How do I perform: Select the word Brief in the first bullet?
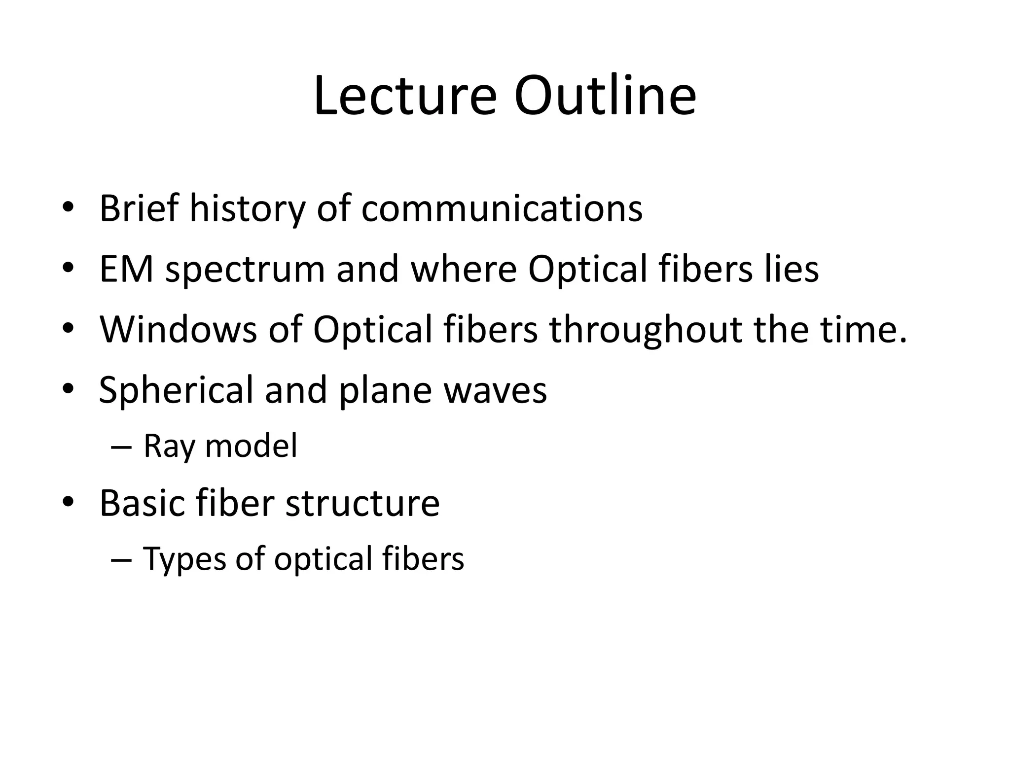click(x=139, y=208)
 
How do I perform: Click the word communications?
click(x=502, y=208)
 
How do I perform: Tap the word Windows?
click(x=178, y=329)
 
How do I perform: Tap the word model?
click(x=251, y=446)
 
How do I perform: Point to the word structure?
click(x=362, y=503)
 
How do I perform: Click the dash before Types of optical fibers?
click(x=121, y=560)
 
